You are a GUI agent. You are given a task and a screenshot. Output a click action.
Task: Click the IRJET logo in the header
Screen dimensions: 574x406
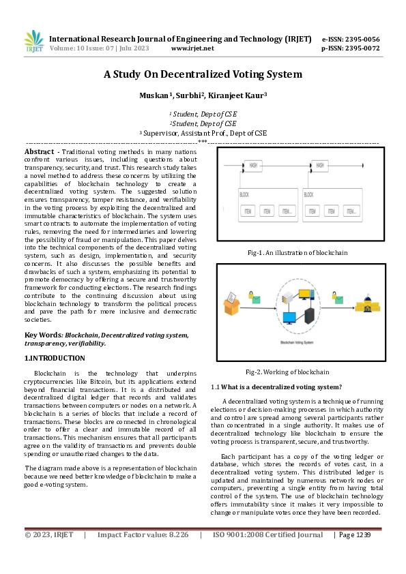point(33,42)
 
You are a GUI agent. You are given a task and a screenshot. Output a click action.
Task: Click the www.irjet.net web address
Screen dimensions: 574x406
point(192,48)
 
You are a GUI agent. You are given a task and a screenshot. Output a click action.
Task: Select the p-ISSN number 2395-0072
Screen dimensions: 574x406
point(362,48)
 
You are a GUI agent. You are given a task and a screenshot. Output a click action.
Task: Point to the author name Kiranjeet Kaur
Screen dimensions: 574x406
point(244,96)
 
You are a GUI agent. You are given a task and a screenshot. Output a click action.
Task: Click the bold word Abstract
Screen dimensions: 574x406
point(39,151)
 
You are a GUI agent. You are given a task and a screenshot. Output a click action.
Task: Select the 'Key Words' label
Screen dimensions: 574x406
point(43,335)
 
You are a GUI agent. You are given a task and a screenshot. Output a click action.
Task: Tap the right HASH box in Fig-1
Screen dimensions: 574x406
point(319,165)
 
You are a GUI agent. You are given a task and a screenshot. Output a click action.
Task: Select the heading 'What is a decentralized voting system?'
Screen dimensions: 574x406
point(280,387)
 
